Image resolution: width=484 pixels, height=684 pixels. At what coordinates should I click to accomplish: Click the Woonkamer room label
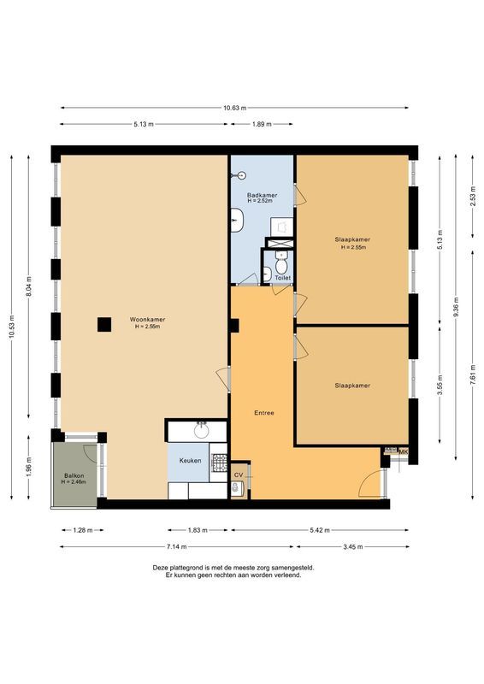(149, 320)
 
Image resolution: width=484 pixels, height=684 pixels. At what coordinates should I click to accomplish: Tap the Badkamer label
(262, 195)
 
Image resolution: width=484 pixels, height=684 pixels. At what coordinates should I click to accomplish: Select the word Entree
(264, 413)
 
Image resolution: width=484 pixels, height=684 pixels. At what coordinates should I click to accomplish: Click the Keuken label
(190, 461)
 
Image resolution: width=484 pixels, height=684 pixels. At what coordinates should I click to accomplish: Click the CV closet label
(239, 474)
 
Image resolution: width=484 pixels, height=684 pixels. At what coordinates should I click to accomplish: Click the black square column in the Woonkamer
(103, 324)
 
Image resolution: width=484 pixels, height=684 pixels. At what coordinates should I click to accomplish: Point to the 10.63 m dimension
(234, 108)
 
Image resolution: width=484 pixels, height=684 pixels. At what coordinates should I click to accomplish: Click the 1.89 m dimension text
(262, 125)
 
